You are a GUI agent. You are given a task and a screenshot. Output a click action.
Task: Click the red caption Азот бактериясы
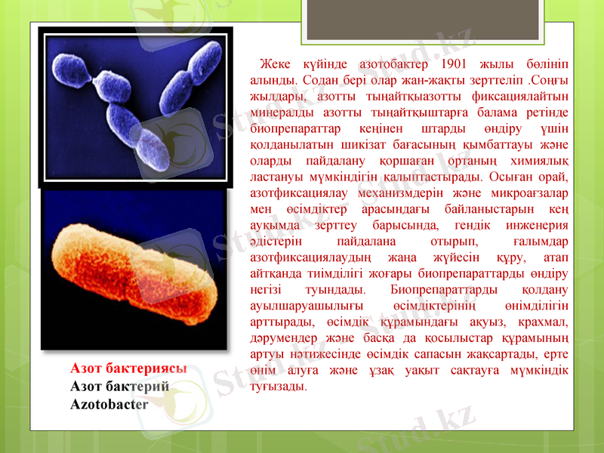(x=128, y=368)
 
